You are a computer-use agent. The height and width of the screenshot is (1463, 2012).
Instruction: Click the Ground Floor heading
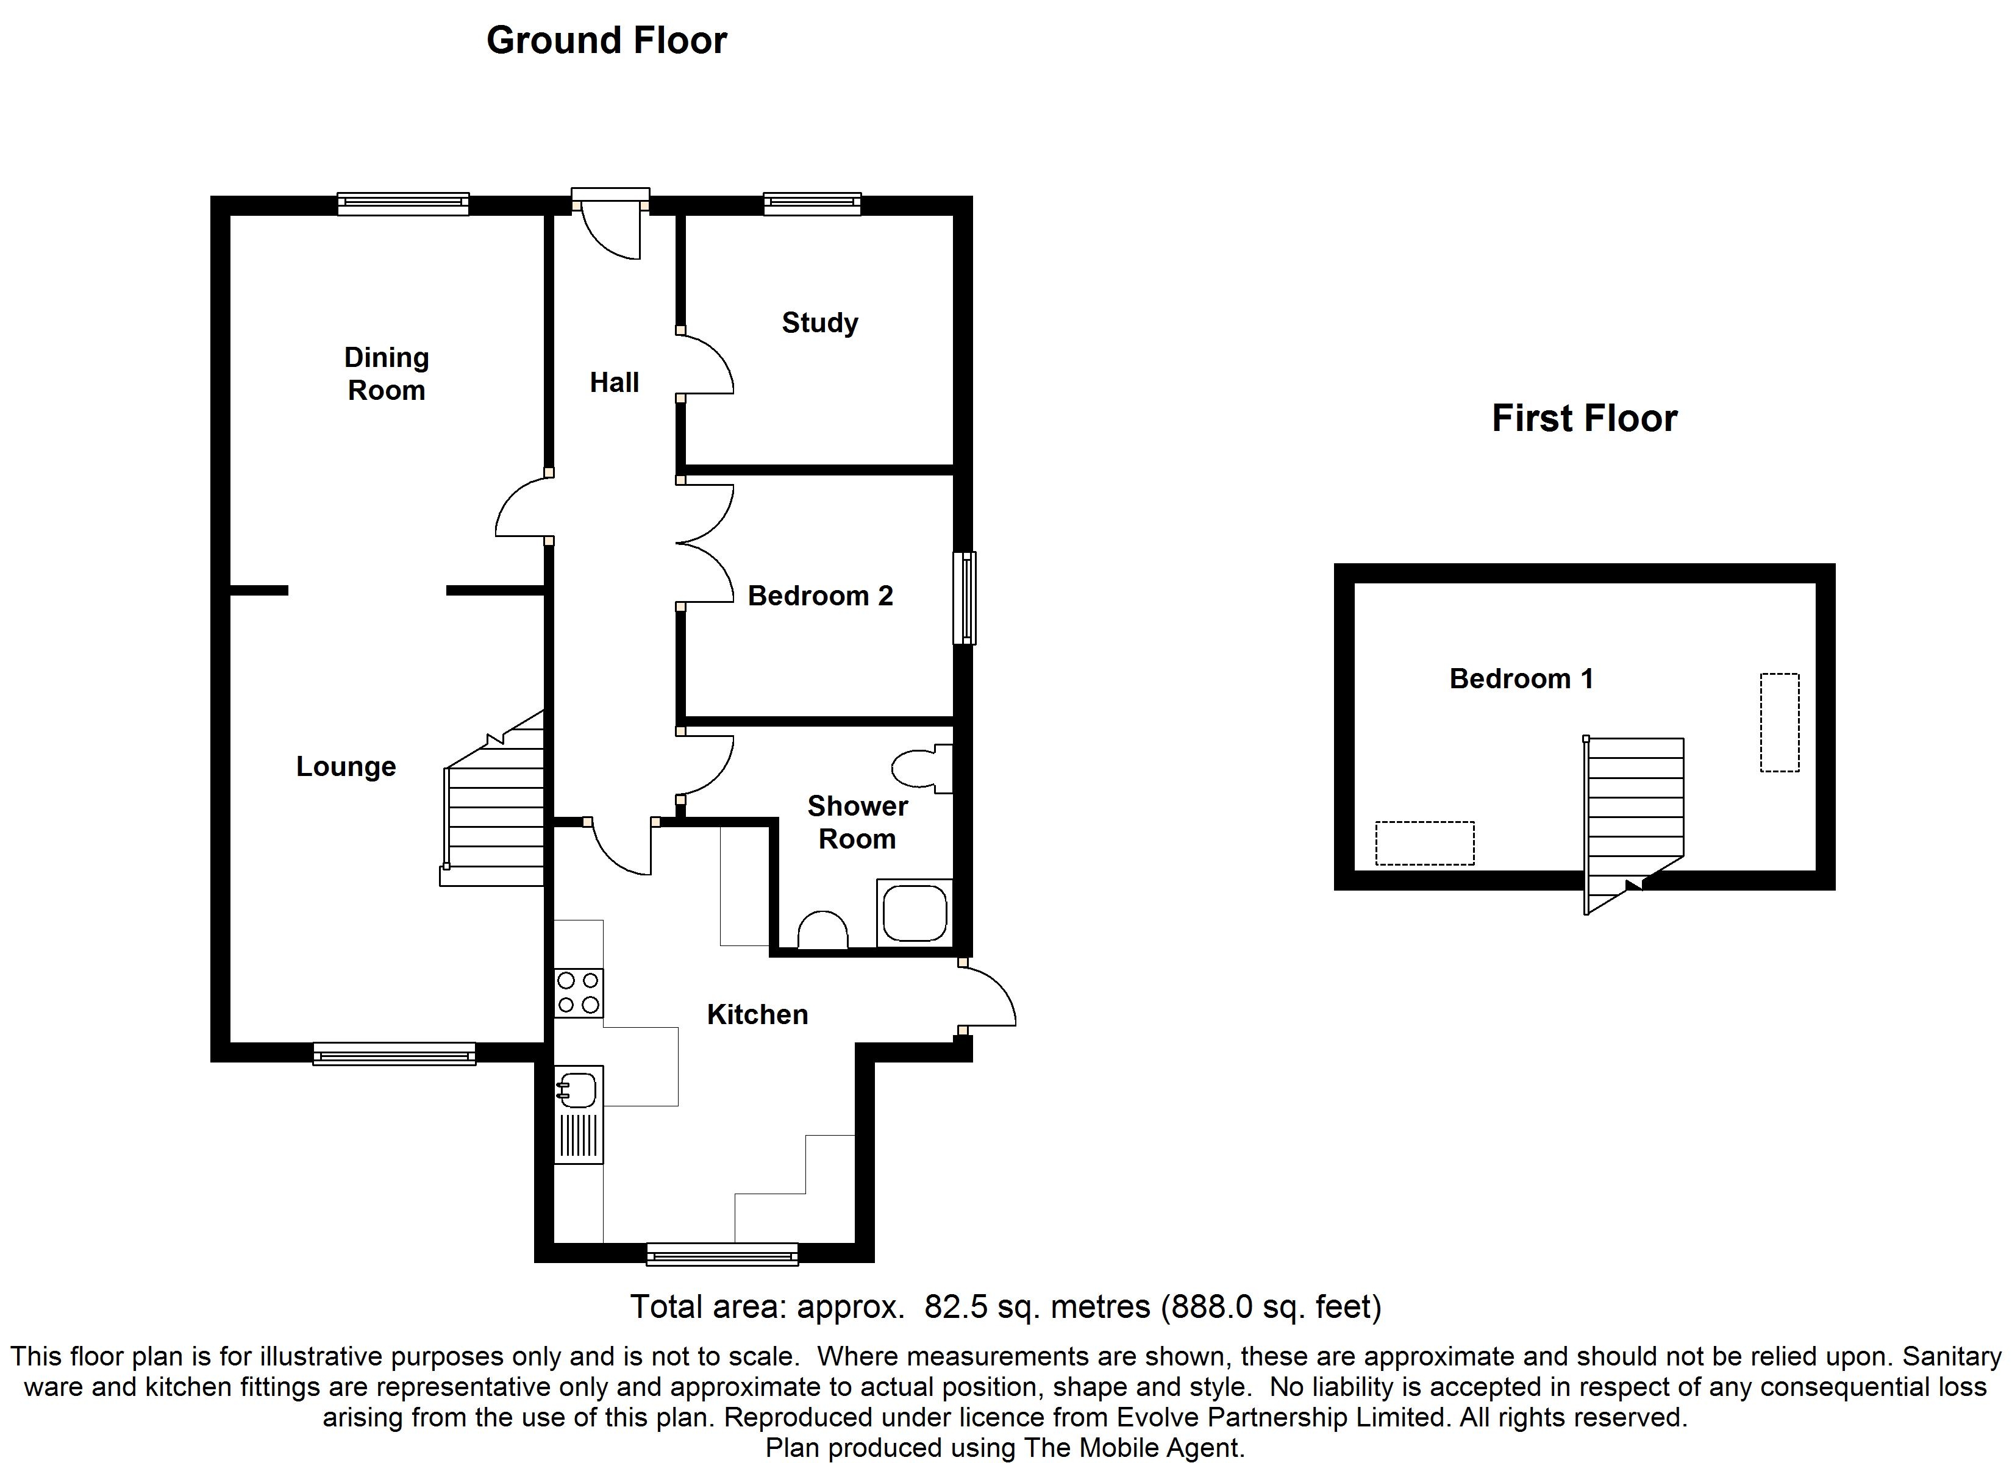tap(607, 41)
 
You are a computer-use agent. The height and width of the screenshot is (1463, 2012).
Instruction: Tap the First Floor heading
tap(1585, 418)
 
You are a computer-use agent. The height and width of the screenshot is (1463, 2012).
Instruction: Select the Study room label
tap(819, 323)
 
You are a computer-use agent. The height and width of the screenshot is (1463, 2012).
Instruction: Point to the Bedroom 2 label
tap(819, 596)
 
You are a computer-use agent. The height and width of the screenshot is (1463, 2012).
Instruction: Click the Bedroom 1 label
tap(1521, 678)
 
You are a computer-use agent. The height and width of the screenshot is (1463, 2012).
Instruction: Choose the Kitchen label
tap(757, 1014)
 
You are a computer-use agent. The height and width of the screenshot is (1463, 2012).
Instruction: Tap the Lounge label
tap(346, 766)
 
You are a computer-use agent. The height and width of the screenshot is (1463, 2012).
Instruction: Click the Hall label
tap(614, 382)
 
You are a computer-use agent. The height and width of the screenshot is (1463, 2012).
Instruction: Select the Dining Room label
tap(387, 374)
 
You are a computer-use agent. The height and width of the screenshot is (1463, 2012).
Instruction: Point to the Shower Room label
tap(857, 822)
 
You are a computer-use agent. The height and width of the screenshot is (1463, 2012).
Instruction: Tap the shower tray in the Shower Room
tap(915, 913)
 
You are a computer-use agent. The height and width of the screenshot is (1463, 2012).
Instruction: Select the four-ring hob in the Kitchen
tap(579, 993)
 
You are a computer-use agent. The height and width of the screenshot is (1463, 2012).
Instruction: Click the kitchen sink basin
tap(577, 1091)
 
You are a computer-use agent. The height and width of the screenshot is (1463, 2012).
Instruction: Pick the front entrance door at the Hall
tap(610, 224)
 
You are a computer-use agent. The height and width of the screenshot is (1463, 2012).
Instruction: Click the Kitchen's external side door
tap(987, 996)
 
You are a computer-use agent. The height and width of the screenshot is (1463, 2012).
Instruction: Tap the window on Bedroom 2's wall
tap(965, 598)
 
